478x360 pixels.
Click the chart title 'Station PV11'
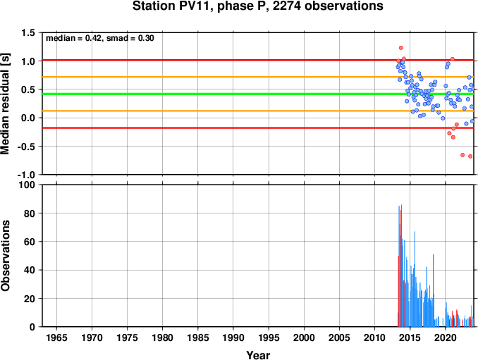point(171,6)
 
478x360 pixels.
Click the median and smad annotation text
point(99,38)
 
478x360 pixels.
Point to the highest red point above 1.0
point(401,48)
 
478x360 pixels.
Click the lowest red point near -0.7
point(470,156)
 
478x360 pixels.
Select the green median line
point(258,94)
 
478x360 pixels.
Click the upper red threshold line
point(258,60)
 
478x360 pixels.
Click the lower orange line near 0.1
point(258,111)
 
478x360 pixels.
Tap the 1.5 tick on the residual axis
point(28,32)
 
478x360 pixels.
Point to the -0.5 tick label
point(26,147)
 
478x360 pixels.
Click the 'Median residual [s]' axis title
point(5,104)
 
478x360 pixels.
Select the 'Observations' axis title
point(5,256)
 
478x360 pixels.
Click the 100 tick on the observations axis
point(27,185)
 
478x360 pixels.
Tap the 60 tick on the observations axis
point(30,242)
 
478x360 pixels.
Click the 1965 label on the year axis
point(56,337)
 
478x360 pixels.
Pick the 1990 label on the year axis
point(233,337)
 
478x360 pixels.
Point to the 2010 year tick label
point(374,337)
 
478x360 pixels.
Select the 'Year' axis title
point(258,355)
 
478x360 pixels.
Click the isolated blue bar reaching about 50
point(433,290)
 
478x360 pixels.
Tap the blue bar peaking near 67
point(415,279)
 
